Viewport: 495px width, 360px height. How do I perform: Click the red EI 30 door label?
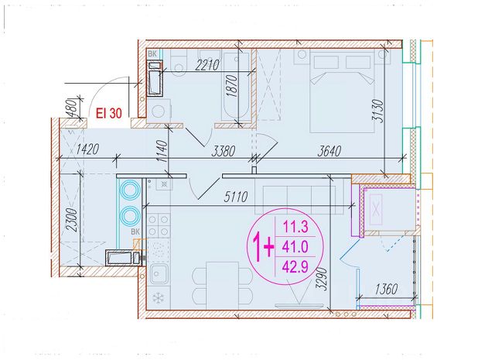(x=109, y=113)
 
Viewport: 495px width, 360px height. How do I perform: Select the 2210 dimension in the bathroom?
(x=207, y=65)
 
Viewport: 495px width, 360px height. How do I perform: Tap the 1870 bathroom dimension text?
(x=232, y=86)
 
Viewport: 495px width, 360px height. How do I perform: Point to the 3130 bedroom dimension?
(x=377, y=111)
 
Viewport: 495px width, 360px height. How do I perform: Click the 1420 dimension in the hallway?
(x=87, y=149)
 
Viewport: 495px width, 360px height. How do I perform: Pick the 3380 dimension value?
(x=224, y=151)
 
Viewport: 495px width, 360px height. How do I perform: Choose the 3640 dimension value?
(x=329, y=151)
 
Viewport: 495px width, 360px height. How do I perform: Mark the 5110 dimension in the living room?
(x=235, y=197)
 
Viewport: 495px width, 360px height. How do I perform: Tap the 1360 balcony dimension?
(x=386, y=289)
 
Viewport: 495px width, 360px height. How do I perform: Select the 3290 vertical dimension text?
(x=322, y=279)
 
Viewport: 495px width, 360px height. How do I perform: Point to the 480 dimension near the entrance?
(x=73, y=108)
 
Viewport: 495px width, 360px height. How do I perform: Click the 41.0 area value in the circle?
(x=295, y=246)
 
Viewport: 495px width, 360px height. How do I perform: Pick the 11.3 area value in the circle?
(x=295, y=227)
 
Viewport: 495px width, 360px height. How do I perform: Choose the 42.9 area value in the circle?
(x=295, y=267)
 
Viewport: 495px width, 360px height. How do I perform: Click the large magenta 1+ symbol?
(x=263, y=247)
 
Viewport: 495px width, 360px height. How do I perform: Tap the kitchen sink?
(x=159, y=274)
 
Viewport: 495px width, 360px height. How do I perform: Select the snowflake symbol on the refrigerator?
(x=159, y=297)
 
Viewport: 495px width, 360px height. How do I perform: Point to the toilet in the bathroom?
(x=179, y=63)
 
